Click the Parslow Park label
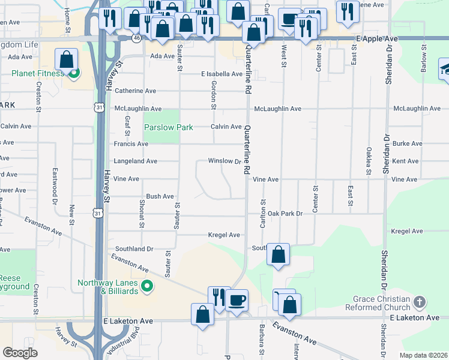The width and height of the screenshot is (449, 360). click(x=168, y=127)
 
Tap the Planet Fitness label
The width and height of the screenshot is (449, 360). click(x=37, y=74)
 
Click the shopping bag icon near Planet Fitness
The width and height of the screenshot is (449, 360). click(x=66, y=59)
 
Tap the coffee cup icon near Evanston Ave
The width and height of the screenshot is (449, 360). click(x=237, y=299)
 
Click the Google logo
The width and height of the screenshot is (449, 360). click(x=20, y=353)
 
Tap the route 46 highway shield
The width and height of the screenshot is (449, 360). click(x=137, y=38)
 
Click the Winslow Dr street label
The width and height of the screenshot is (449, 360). click(x=224, y=161)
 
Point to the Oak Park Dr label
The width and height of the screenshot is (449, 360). click(x=285, y=214)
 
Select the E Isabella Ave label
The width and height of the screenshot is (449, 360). click(x=221, y=74)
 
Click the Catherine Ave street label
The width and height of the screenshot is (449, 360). click(x=135, y=91)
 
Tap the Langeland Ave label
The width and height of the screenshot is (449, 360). click(x=136, y=161)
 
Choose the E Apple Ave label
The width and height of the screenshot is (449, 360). click(x=376, y=38)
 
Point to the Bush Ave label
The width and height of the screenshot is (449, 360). click(x=160, y=196)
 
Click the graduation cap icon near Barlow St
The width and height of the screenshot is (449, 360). click(x=445, y=67)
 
